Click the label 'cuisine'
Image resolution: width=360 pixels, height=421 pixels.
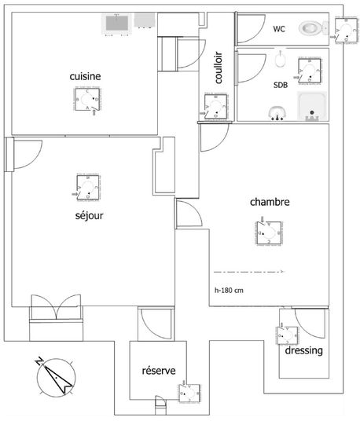coord(85,75)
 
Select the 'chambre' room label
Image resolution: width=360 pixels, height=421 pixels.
coord(270,202)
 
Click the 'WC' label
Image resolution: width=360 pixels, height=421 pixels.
coord(279,29)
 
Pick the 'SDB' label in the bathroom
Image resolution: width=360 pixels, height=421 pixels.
coord(280,85)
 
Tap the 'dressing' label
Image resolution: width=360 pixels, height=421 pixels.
coord(303,351)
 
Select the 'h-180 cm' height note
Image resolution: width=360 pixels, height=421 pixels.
coord(230,289)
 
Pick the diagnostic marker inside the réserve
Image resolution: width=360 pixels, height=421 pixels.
coord(189,392)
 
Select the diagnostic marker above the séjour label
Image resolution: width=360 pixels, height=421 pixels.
coord(88,187)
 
